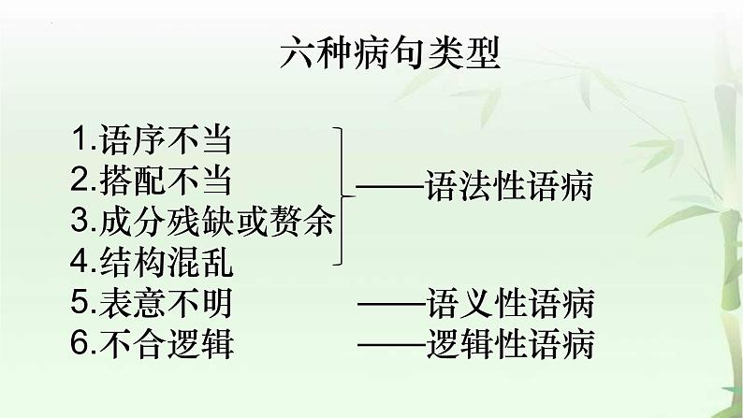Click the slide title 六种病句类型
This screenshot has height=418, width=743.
point(390,53)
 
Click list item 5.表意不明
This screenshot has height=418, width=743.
point(153,305)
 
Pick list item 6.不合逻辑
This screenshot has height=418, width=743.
point(153,346)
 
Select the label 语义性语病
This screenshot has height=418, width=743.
point(507,305)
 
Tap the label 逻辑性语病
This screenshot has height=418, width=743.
point(507,346)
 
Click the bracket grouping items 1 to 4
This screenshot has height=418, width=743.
point(346,195)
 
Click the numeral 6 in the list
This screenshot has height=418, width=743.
point(80,346)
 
